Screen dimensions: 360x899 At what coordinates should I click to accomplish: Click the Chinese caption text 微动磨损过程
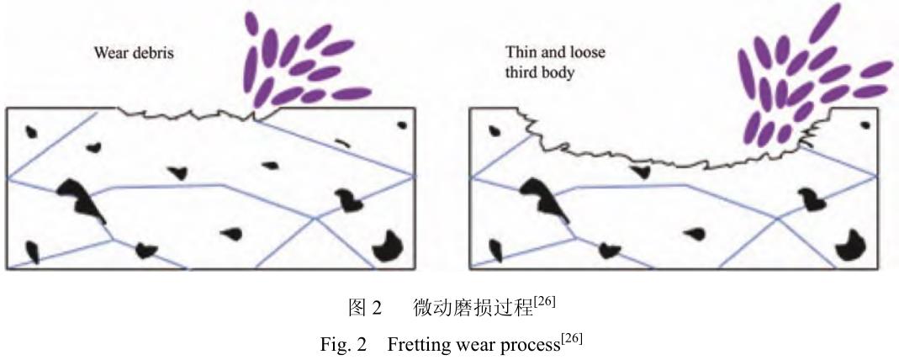point(473,309)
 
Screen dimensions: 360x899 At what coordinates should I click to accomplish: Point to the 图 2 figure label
point(364,309)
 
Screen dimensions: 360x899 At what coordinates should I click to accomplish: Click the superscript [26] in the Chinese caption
point(546,302)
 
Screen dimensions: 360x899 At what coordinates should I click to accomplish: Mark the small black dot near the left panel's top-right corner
point(402,125)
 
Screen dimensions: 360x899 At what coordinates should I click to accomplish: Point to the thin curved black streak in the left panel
point(341,140)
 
